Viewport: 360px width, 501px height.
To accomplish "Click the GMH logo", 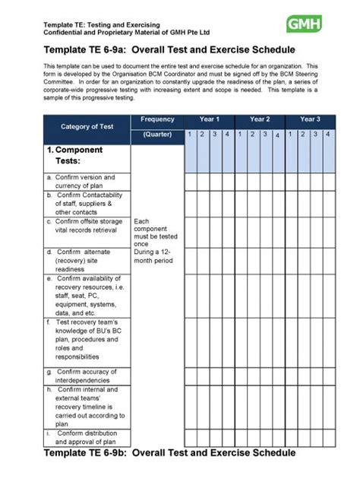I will click(303, 25).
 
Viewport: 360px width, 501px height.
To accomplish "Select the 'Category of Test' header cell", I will click(87, 127).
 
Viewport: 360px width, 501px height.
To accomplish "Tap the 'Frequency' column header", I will click(157, 119).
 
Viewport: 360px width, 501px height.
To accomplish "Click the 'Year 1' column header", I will click(209, 119).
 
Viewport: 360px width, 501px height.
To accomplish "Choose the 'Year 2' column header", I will click(260, 119).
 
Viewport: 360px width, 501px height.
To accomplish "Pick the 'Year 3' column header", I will click(309, 119).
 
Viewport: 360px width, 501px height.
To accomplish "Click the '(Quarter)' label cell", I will click(157, 135).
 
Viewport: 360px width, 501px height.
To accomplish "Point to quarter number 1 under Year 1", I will click(191, 135).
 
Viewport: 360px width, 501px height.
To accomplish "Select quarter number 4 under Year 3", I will click(327, 135).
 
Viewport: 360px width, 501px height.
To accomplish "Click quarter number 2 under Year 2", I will click(253, 135).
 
